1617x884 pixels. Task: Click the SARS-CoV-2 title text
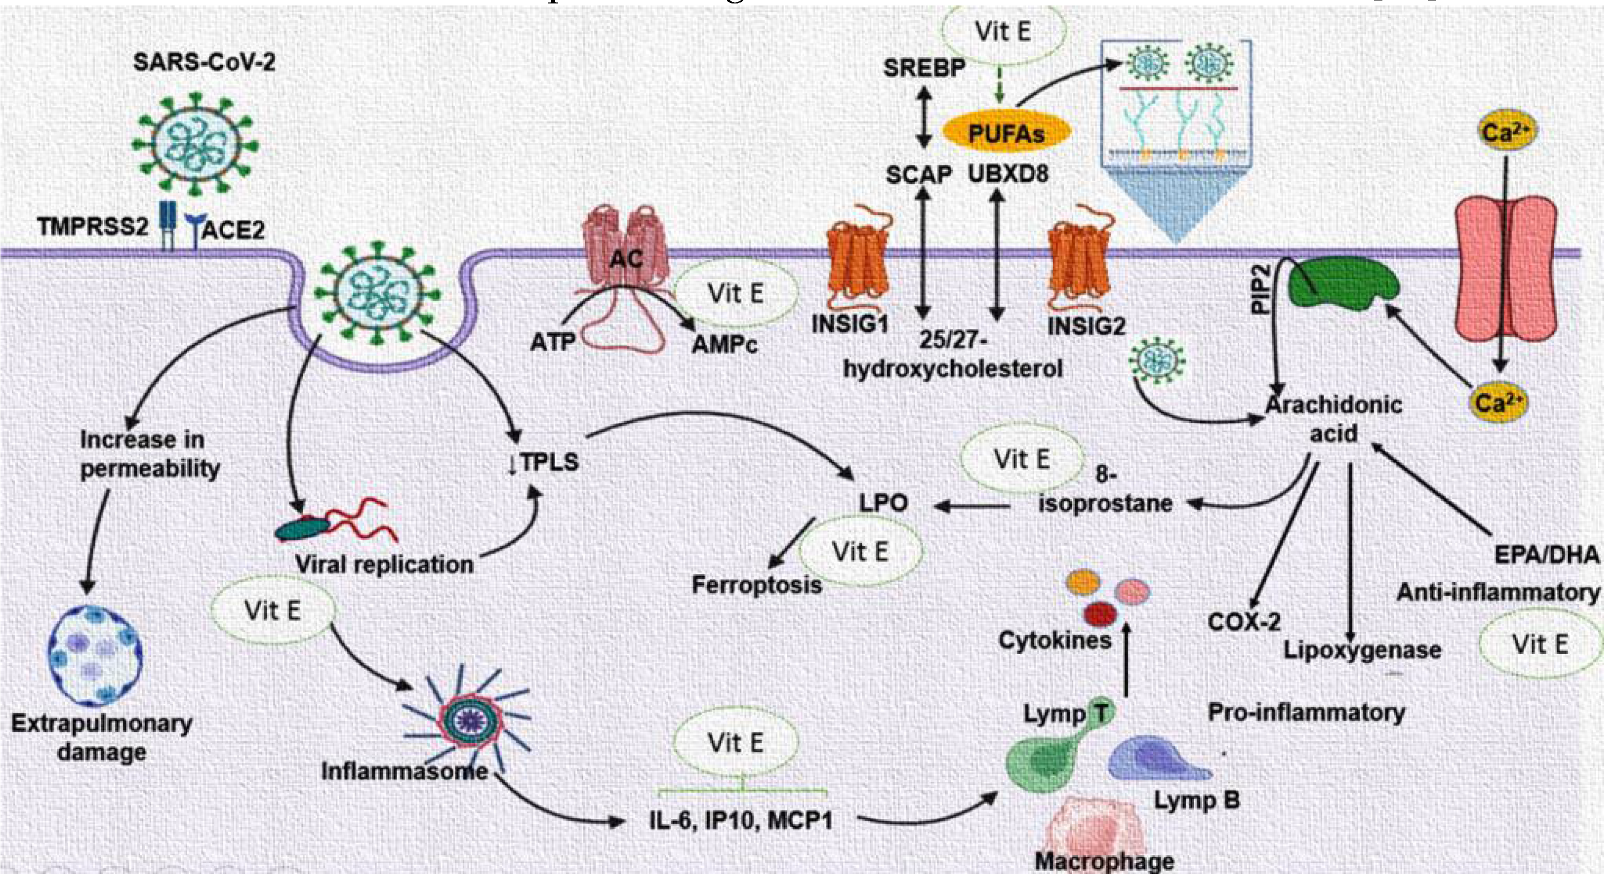[204, 63]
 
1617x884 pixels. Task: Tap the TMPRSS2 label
[92, 227]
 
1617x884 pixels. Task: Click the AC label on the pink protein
[626, 258]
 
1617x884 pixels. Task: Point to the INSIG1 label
[850, 324]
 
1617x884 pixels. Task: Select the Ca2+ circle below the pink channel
[1498, 402]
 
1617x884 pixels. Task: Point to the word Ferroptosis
[757, 585]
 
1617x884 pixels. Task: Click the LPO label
[883, 502]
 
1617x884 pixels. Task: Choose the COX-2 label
[1244, 622]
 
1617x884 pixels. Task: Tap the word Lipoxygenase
[1362, 650]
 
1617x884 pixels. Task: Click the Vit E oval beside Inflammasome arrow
[272, 611]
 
